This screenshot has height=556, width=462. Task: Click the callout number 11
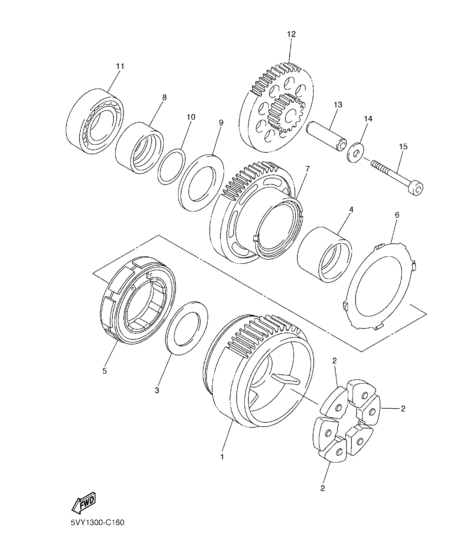click(120, 66)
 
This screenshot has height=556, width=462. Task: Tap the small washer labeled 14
click(355, 152)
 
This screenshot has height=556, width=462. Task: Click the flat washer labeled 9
click(201, 181)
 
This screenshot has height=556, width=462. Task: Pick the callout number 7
click(307, 169)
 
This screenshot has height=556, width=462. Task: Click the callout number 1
click(222, 457)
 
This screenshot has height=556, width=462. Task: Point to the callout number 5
click(104, 371)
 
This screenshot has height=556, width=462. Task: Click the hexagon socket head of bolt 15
click(417, 189)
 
